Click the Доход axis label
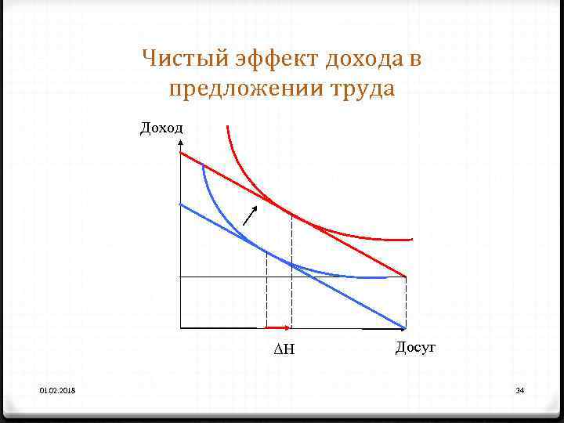[161, 128]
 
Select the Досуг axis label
[415, 346]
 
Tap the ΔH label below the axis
[284, 350]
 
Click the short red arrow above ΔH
[279, 327]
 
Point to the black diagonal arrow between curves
[251, 213]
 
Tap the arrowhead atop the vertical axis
[181, 143]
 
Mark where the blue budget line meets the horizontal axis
[405, 327]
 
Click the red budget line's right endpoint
[406, 276]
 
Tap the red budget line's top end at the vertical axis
[182, 154]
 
